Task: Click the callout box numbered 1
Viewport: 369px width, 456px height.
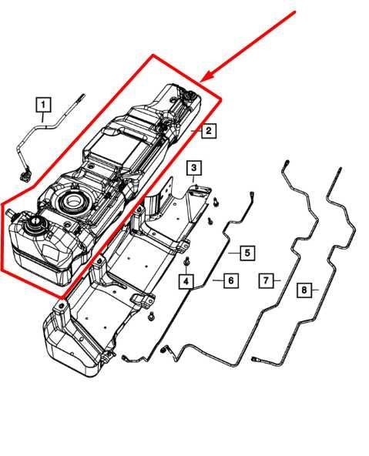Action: (43, 105)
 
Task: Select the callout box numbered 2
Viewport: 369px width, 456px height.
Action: (209, 131)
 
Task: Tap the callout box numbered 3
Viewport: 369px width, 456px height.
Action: (194, 167)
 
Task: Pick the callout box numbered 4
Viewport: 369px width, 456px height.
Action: (186, 281)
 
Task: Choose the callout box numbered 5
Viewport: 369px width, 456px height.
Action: (247, 253)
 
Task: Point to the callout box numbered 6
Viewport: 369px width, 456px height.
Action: (231, 280)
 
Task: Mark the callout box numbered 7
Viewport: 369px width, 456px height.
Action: (266, 280)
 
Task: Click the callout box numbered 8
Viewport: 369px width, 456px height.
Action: (304, 290)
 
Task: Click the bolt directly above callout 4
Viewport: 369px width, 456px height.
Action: (186, 263)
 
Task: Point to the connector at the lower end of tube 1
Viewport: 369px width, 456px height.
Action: (25, 174)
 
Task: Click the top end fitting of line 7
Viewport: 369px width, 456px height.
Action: (286, 163)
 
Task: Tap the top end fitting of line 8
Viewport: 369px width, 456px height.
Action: (339, 170)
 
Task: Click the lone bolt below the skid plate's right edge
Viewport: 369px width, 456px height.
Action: (151, 317)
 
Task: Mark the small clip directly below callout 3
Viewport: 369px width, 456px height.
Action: (196, 186)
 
